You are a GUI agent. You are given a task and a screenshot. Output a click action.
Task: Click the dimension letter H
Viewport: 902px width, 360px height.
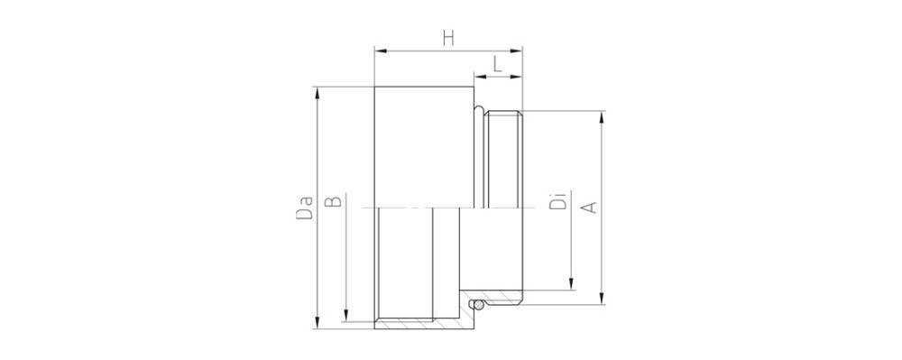pos(447,38)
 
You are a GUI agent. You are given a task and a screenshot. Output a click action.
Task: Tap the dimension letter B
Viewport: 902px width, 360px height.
pos(333,201)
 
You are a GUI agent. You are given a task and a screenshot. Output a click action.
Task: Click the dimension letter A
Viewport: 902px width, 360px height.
pos(587,208)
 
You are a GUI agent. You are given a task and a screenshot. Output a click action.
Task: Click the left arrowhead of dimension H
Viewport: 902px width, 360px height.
pos(379,51)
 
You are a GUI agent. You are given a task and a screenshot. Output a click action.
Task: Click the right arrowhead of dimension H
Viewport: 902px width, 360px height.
pos(519,51)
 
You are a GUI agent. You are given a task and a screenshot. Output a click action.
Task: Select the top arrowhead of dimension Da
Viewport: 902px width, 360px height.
pos(316,91)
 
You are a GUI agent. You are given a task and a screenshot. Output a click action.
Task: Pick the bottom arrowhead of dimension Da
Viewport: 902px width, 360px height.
pos(316,324)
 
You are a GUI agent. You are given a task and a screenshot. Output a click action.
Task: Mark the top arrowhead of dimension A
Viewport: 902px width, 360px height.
pos(603,116)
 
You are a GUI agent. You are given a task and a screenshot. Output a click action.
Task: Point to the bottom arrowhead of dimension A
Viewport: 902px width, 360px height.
pos(603,299)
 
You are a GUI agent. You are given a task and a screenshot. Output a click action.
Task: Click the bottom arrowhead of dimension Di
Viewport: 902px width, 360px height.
pos(572,286)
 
